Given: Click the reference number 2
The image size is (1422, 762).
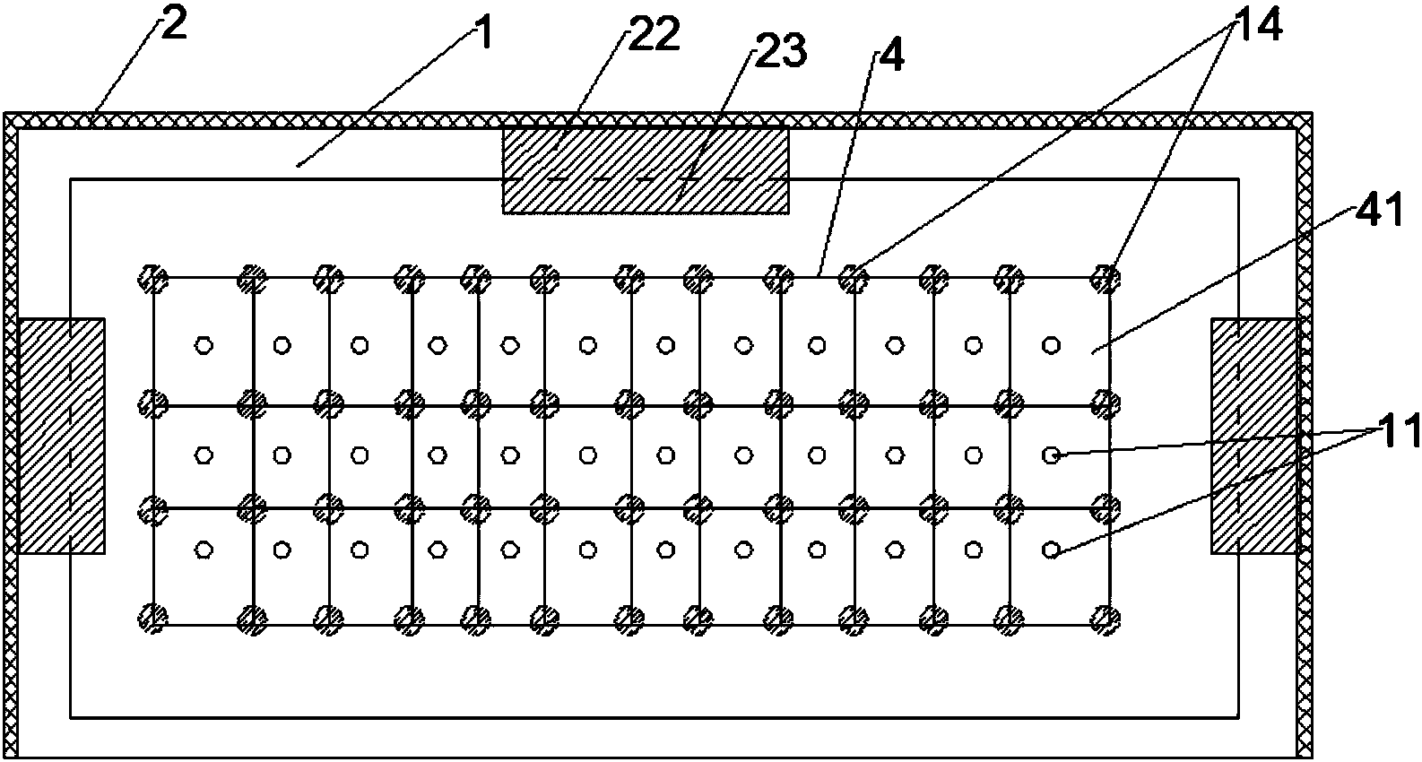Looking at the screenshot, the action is click(174, 25).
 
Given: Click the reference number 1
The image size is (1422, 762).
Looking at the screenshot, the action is click(485, 34).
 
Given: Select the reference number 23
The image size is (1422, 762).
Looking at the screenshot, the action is click(781, 50).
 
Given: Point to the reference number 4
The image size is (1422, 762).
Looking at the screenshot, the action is click(892, 56).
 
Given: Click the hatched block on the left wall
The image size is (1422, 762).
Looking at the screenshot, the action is click(62, 436).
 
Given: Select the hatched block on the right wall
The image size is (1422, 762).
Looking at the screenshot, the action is click(1253, 436).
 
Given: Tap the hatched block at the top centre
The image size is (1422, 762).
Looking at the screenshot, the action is click(646, 170).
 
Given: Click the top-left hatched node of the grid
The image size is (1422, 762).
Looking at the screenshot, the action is click(153, 278).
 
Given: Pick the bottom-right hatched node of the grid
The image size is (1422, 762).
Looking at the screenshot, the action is click(1106, 619).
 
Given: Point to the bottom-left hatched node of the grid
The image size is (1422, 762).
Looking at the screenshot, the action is click(153, 619).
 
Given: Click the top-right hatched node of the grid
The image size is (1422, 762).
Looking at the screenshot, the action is click(1106, 278).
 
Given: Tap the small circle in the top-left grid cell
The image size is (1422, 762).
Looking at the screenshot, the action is click(204, 346).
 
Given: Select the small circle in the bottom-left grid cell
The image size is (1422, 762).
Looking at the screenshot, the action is click(204, 550).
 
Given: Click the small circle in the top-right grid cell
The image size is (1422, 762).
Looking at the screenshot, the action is click(1052, 346).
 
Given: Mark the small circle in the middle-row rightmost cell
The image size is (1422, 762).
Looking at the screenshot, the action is click(1052, 455).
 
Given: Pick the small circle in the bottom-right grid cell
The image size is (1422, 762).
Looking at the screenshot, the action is click(1052, 550).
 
